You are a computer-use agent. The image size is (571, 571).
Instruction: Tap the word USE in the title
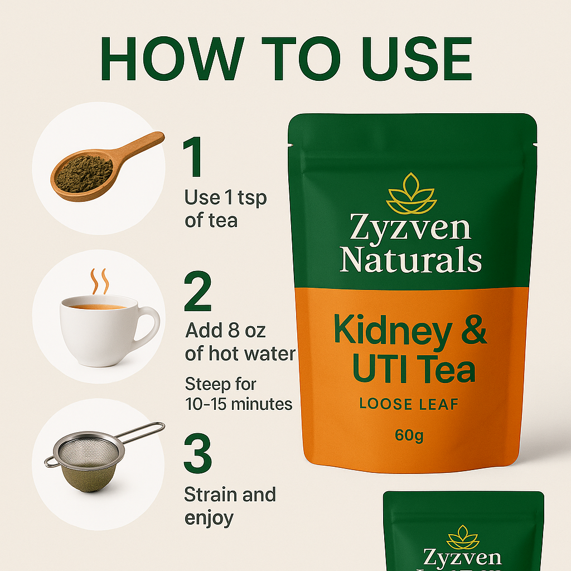pos(417,58)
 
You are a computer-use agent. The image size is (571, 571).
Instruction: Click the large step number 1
pos(193,157)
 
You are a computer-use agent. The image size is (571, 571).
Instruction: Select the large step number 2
pos(198,291)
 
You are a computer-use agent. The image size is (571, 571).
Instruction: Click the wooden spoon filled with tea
pos(105,167)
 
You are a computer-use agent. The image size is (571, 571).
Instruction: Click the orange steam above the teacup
pos(99,281)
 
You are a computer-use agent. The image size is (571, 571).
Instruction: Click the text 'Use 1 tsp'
pos(225,198)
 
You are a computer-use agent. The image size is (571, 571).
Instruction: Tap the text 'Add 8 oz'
pos(225,331)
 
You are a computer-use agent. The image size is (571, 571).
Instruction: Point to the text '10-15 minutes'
pos(239,404)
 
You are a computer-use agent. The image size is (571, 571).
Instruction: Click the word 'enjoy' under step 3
pos(209,519)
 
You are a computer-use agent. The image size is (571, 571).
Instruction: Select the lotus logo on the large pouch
pos(411,193)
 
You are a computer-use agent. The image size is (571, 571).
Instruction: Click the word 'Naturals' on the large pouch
pos(410,259)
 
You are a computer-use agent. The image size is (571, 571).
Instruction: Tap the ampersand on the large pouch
pos(474,330)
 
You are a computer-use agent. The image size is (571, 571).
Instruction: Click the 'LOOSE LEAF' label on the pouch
pos(409,404)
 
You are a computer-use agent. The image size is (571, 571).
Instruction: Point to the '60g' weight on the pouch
pos(409,435)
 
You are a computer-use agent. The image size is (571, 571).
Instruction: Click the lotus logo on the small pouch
pos(463,537)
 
